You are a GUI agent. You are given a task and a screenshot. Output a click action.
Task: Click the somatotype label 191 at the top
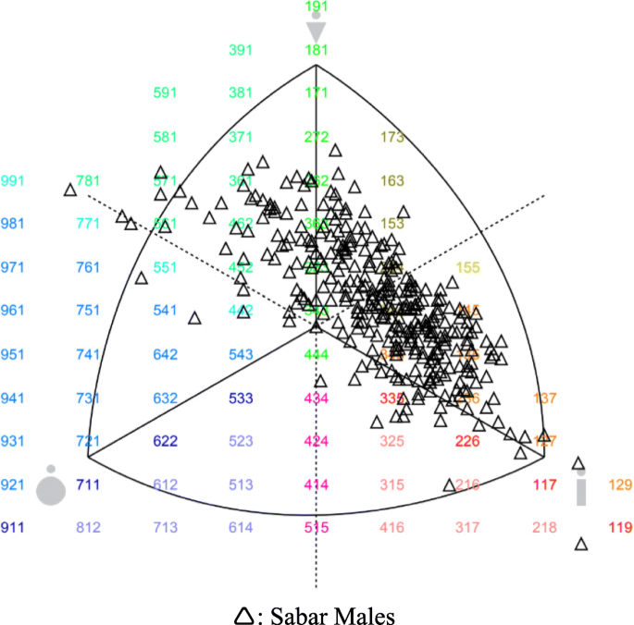click(317, 6)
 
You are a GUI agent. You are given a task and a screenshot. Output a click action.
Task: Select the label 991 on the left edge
click(14, 179)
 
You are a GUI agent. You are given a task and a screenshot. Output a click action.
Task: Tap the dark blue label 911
click(14, 528)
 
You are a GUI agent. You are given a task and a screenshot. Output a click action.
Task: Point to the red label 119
click(620, 528)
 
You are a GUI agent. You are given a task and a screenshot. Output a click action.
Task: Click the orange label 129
click(620, 484)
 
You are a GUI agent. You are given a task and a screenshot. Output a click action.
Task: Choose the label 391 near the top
click(241, 50)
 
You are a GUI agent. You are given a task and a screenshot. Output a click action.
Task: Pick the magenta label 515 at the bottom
click(317, 528)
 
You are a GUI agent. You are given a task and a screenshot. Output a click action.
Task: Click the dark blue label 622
click(165, 441)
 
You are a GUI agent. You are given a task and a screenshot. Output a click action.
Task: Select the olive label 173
click(392, 137)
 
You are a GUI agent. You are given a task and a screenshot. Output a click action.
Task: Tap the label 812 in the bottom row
click(89, 528)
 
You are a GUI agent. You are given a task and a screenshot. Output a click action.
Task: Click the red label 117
click(544, 484)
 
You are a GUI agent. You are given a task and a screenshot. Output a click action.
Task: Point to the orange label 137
click(546, 398)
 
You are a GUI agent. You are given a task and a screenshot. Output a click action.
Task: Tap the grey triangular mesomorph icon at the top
click(317, 31)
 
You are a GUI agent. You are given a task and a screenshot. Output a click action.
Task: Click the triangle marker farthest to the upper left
click(70, 190)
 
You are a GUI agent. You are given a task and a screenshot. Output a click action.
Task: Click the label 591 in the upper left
click(165, 93)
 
